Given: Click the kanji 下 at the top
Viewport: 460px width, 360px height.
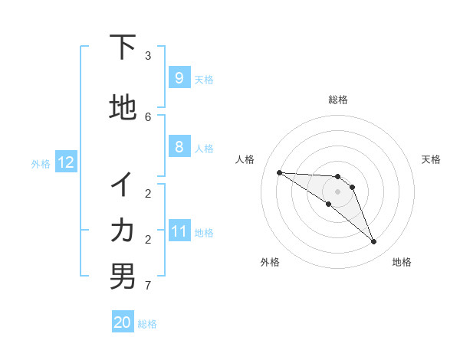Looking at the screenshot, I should (123, 48).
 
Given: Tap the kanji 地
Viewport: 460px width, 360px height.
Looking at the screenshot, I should (123, 108).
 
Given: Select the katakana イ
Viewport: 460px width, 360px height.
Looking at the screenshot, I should (123, 185).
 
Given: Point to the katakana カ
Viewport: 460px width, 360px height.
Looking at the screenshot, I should (123, 230).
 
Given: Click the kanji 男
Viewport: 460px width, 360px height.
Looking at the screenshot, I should (123, 276).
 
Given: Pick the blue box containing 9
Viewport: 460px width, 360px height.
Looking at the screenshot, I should (179, 78).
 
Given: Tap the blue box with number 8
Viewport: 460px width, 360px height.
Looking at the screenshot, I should (179, 147).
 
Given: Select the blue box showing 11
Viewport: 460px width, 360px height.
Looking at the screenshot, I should (179, 231).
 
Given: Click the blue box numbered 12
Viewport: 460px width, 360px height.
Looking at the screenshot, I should (65, 162).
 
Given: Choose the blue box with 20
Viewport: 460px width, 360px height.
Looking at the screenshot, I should (123, 322).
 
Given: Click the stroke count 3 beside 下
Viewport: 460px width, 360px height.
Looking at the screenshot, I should (148, 56).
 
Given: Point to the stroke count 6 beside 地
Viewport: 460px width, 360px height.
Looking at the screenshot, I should (148, 116).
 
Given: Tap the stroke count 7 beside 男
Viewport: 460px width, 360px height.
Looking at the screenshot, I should (148, 286).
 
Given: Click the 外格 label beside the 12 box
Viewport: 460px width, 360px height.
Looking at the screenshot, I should (41, 163).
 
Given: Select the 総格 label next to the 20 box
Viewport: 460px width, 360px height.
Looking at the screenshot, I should (147, 324).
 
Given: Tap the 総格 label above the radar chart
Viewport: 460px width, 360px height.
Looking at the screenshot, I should (337, 100).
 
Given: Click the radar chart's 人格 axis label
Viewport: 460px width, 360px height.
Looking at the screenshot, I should (245, 159).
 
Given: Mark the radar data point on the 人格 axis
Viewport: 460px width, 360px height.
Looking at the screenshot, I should (279, 172).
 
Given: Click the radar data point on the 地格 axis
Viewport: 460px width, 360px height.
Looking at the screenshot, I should (374, 242).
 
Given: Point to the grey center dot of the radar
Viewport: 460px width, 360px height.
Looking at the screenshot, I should (337, 191).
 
